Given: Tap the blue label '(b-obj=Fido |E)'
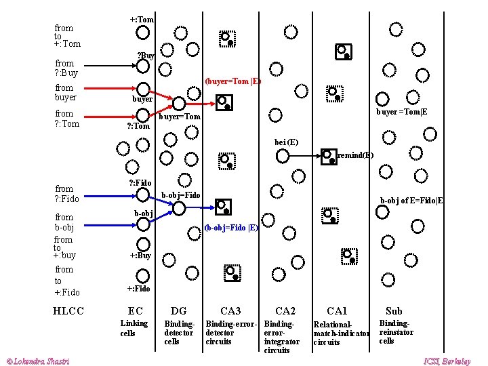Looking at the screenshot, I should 231,228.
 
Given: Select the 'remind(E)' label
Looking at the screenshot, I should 355,155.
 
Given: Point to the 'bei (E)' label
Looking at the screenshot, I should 286,142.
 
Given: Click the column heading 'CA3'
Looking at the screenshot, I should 230,310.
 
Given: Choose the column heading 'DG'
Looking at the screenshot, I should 178,310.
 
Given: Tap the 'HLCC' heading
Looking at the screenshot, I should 68,310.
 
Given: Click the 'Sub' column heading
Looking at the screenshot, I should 394,310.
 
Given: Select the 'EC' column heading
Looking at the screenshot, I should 136,310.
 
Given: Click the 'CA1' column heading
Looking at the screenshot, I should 337,310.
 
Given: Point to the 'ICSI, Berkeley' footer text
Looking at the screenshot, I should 447,361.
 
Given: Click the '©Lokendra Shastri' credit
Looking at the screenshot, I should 37,361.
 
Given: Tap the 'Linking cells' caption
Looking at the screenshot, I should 134,328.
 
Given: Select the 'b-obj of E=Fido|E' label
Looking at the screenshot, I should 411,200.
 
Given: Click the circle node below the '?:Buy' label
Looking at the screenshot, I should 143,66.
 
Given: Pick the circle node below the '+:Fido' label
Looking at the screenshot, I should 143,276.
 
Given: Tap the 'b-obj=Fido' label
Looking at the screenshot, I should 181,195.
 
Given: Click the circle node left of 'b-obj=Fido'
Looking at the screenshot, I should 143,195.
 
